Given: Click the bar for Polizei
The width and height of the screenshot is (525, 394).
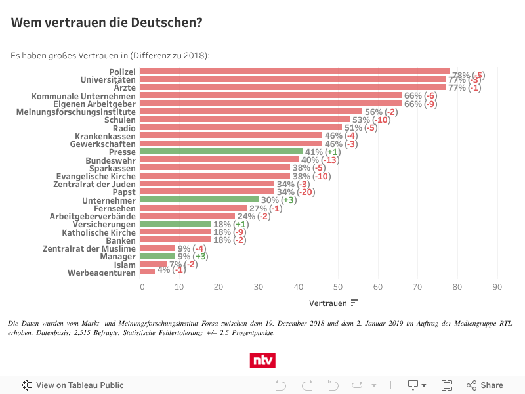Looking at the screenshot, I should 295,72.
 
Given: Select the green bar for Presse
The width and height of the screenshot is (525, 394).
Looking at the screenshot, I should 222,152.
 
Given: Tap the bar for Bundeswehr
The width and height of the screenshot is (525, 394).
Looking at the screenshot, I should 220,160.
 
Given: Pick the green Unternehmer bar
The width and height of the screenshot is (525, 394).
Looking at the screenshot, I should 200,200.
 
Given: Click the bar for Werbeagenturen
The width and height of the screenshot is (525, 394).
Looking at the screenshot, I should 148,272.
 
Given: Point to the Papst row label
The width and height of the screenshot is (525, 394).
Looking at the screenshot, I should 124,192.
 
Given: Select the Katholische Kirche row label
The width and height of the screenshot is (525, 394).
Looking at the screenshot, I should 98,232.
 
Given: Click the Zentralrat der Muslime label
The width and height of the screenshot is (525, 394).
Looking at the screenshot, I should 89,248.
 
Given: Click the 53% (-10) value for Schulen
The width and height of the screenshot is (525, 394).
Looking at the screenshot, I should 372,120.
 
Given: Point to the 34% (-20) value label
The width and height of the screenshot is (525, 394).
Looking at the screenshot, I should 296,192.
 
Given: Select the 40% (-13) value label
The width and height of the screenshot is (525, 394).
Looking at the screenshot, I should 320,160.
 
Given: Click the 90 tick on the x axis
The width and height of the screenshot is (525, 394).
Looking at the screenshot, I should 497,286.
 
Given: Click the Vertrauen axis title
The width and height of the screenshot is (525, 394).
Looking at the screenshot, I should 328,303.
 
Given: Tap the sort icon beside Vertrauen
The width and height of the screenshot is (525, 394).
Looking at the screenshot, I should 354,303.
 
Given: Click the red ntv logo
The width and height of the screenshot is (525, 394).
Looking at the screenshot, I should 262,361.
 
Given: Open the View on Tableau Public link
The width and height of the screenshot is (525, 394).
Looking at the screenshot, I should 73,385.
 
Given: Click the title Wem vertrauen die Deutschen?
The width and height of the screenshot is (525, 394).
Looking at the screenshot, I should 106,23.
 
